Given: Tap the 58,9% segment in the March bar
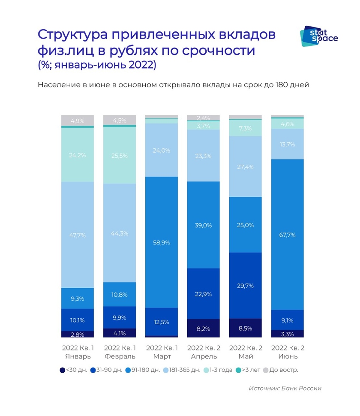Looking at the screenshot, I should pos(162,242).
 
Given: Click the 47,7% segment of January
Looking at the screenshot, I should pos(77,235).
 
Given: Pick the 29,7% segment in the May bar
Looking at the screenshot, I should pos(246,286).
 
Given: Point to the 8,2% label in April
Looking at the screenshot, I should pos(204,329).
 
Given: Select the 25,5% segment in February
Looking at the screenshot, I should pos(120,155).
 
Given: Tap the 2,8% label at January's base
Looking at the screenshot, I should pos(77,335).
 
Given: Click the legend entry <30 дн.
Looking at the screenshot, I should pos(74,369).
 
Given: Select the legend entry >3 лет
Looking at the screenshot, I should pos(248,369).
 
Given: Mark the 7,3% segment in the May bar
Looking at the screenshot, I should pos(246,128).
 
